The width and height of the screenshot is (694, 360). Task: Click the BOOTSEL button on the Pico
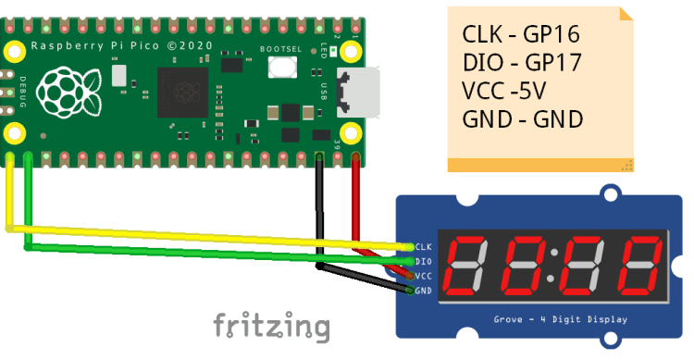[x=279, y=67]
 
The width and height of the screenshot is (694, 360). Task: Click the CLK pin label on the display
[x=424, y=246]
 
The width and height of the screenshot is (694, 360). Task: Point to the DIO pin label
[x=424, y=261]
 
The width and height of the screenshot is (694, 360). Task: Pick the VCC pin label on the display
[x=424, y=276]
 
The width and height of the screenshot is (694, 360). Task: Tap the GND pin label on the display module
[x=424, y=291]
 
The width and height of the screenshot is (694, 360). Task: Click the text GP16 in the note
[x=551, y=35]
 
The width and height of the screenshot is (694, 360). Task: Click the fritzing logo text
[x=271, y=326]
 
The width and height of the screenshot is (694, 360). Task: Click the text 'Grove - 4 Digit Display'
[x=559, y=319]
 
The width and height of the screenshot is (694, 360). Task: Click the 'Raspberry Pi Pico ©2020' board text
[x=121, y=44]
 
